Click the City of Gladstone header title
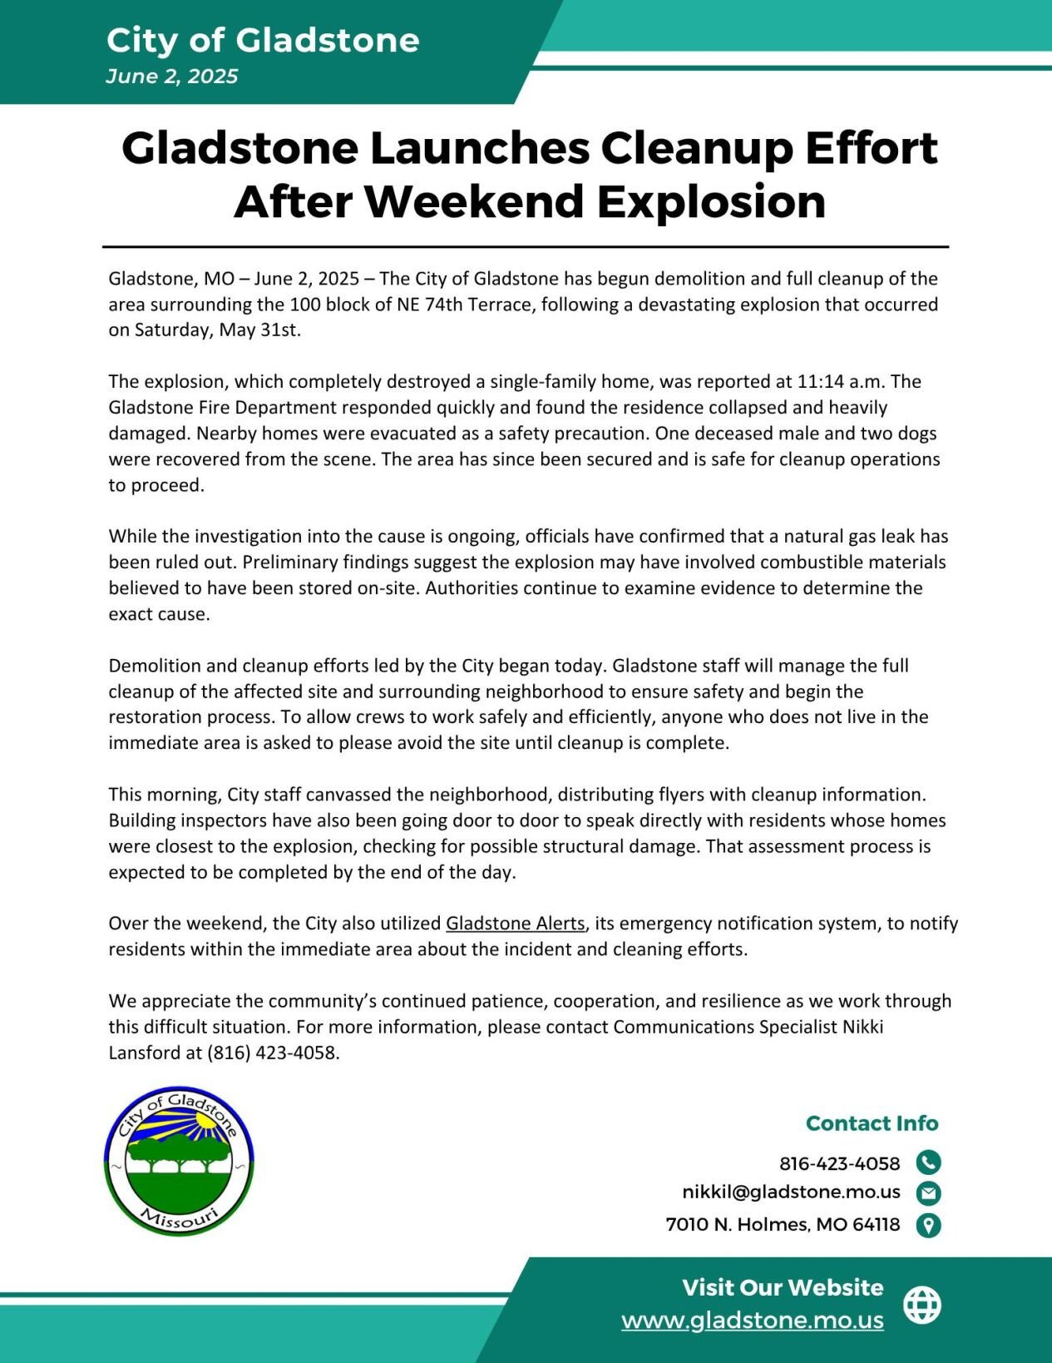[x=263, y=40]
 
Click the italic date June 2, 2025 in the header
[x=172, y=77]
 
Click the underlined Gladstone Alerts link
[x=515, y=923]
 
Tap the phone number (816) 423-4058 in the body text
[x=273, y=1052]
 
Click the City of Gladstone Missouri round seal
[x=179, y=1161]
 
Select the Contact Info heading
[x=872, y=1123]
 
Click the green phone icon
[x=928, y=1162]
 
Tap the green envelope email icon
[x=928, y=1193]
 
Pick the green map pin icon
[x=928, y=1225]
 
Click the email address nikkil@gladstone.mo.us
[x=791, y=1192]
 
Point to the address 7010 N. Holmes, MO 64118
[x=783, y=1224]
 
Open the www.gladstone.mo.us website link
[x=752, y=1320]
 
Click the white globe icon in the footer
[x=922, y=1304]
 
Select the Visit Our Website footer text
[x=783, y=1287]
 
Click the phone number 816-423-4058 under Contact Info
[x=839, y=1162]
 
